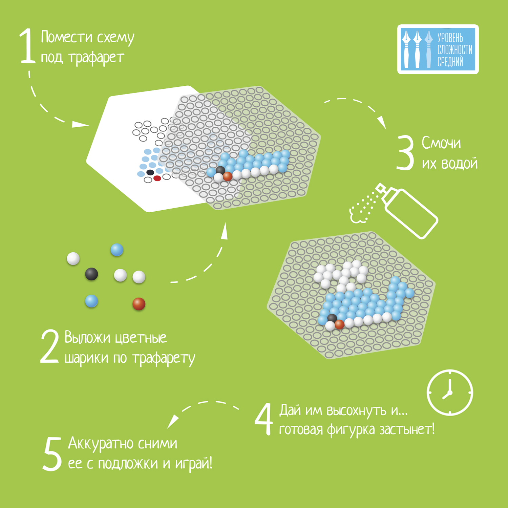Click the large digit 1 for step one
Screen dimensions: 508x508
click(x=28, y=46)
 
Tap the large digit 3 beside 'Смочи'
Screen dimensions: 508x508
click(x=405, y=152)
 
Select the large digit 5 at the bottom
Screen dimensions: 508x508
click(x=52, y=454)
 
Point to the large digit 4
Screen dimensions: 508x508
click(x=264, y=419)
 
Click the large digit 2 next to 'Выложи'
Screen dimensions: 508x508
click(x=49, y=346)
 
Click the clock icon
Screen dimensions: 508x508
click(x=450, y=393)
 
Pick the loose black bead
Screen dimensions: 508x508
click(x=91, y=274)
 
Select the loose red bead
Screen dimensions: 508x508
click(x=139, y=304)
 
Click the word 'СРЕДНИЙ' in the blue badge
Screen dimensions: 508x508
click(x=450, y=62)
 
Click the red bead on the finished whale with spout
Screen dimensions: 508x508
click(x=339, y=324)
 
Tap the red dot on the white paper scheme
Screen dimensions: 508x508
click(x=157, y=178)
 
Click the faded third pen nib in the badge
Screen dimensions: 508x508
click(x=429, y=49)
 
